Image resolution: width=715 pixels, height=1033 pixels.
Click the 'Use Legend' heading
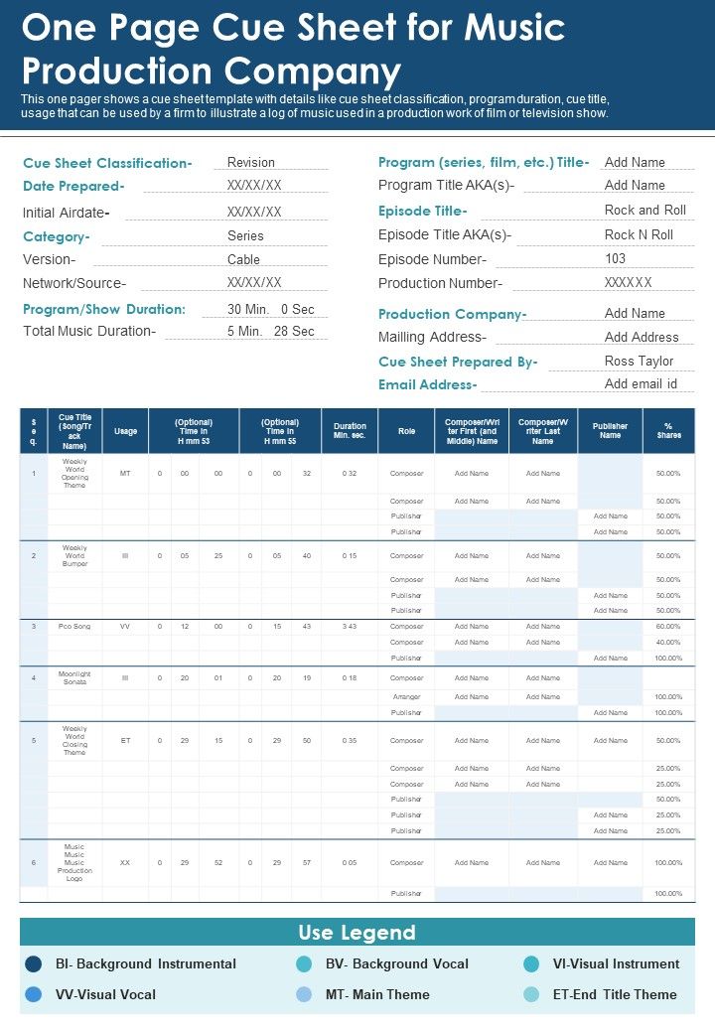[x=357, y=933]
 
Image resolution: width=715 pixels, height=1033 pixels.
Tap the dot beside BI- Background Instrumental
[x=34, y=963]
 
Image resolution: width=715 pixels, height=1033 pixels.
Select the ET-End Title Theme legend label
[x=615, y=994]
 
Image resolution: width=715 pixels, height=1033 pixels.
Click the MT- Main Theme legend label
[x=377, y=994]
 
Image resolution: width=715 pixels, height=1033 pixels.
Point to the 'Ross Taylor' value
[x=639, y=361]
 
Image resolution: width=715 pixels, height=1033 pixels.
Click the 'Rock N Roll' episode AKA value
[x=639, y=234]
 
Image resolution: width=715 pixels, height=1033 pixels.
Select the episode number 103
[x=616, y=258]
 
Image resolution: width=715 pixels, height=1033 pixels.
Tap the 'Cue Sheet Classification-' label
[x=107, y=163]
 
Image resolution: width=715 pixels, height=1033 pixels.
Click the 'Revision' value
[x=251, y=162]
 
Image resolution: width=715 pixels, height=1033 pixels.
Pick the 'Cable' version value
[x=243, y=259]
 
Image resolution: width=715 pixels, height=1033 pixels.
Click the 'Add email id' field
[x=641, y=383]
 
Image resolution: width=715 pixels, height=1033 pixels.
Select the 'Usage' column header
[x=125, y=431]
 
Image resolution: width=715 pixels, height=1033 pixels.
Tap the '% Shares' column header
[x=668, y=431]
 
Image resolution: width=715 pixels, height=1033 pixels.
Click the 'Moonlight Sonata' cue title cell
[x=74, y=678]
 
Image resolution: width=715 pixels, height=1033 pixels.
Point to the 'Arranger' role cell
[x=406, y=696]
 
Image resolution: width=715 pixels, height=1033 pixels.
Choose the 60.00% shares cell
[x=668, y=626]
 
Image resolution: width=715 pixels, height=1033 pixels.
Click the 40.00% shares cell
[x=668, y=642]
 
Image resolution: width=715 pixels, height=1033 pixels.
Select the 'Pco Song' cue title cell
[x=74, y=626]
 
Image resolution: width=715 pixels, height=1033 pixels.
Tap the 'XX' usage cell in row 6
[x=125, y=862]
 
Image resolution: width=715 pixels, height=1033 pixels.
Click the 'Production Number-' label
[x=440, y=283]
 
